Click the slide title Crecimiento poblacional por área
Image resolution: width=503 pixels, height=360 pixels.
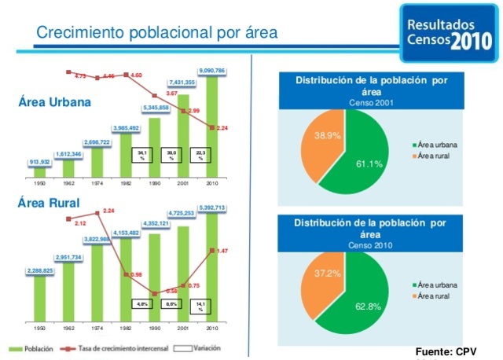pyautogui.click(x=157, y=32)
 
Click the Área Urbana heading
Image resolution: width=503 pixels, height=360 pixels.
pyautogui.click(x=54, y=102)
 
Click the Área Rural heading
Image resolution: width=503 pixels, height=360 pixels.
pyautogui.click(x=48, y=204)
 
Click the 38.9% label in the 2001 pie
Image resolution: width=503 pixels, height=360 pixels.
pyautogui.click(x=327, y=135)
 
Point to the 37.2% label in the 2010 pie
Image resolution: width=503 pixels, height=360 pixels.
pyautogui.click(x=328, y=273)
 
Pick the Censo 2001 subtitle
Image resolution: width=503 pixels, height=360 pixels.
pyautogui.click(x=371, y=103)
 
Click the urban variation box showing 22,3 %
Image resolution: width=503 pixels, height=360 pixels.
pyautogui.click(x=201, y=155)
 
